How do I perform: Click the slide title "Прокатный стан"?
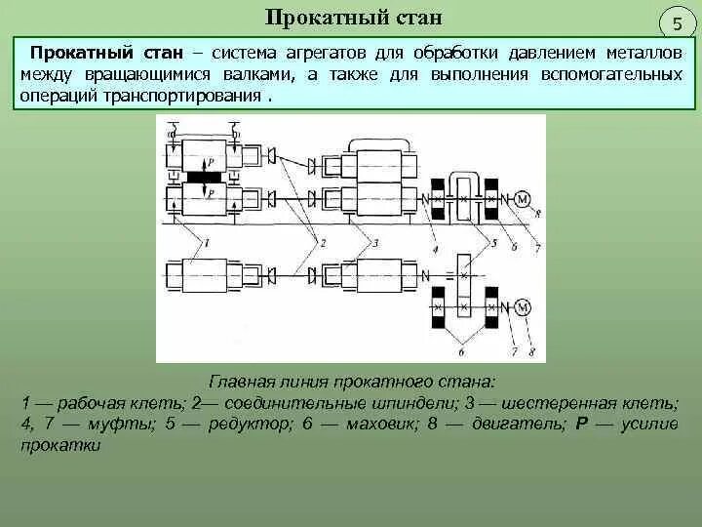354,17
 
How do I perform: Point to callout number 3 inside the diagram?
375,240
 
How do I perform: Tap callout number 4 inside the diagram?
435,248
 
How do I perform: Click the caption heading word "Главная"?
238,382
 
